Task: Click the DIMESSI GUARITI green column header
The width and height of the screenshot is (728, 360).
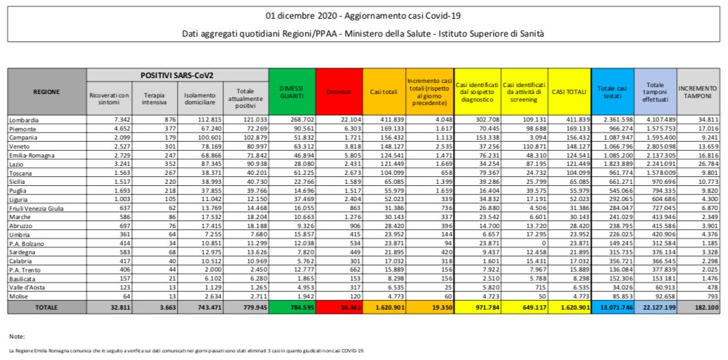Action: (292, 91)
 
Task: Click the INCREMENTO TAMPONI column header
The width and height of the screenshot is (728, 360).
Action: (698, 91)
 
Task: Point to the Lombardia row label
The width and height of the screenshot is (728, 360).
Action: (24, 120)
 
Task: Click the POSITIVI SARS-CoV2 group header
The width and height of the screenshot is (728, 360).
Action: (177, 74)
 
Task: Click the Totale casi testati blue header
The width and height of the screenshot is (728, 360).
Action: (611, 91)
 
